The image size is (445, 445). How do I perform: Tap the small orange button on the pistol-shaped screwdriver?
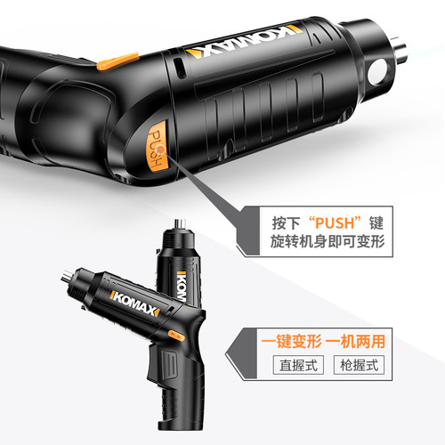point(174,336)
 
